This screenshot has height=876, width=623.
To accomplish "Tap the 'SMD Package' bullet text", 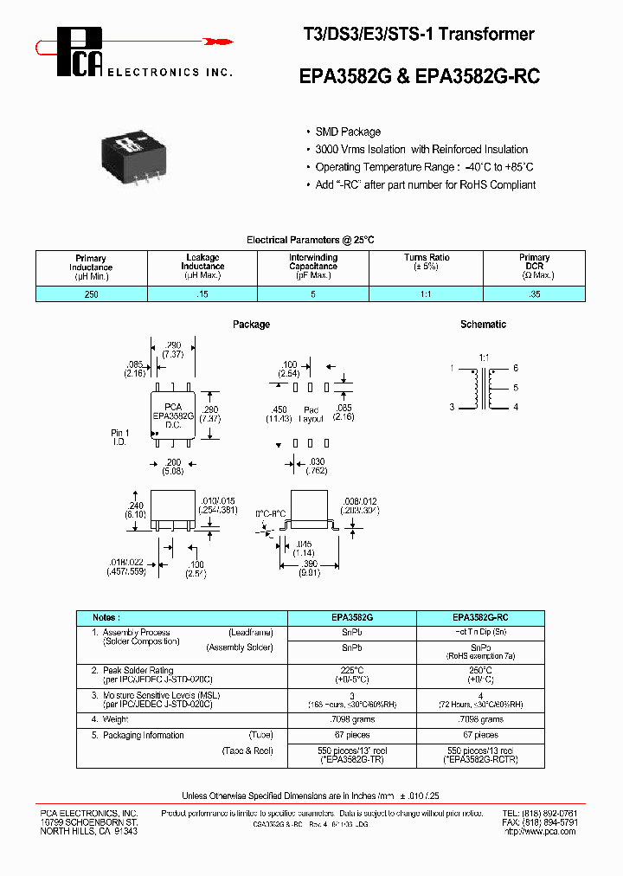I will tap(347, 132).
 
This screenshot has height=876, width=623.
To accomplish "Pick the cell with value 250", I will tap(92, 294).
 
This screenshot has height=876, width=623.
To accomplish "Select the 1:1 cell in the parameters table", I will tap(427, 294).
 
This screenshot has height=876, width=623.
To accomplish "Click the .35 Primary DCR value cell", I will tap(534, 294).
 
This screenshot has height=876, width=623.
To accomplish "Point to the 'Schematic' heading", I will tap(483, 325).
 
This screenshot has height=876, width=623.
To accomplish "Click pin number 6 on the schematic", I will tap(515, 369).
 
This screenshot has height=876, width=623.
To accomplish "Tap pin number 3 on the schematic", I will tap(452, 407).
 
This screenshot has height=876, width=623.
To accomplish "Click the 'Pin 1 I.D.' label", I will tap(120, 436).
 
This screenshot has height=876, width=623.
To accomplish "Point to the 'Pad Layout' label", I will tap(311, 415).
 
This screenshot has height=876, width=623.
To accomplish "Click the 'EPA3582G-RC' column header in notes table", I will tap(480, 618).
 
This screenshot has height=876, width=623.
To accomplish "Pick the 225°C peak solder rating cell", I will tap(351, 674).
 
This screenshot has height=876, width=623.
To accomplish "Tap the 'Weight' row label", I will tap(116, 719).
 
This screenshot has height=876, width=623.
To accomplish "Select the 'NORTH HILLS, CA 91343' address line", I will tap(88, 831).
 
